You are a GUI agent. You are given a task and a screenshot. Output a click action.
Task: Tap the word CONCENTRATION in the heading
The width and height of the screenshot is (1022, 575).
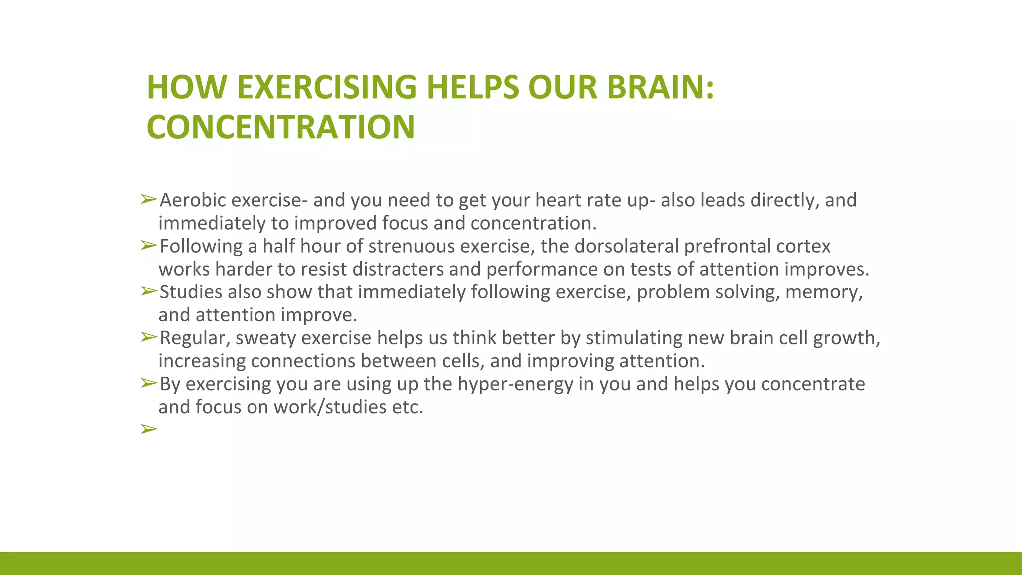(x=280, y=127)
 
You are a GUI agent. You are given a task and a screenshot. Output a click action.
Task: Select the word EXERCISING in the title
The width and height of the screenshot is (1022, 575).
(x=326, y=87)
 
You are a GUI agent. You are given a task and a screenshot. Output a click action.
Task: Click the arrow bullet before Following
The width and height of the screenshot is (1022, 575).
(x=149, y=245)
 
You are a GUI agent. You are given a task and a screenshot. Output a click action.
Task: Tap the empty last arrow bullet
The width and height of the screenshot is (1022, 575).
(x=149, y=429)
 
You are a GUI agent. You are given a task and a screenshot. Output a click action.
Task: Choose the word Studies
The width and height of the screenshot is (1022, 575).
(x=191, y=292)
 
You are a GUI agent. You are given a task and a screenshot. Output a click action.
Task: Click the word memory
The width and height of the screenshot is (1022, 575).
(x=823, y=292)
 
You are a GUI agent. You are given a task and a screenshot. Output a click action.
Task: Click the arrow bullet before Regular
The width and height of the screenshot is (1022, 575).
(x=149, y=337)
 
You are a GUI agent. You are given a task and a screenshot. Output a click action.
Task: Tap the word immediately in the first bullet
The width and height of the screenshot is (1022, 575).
(x=212, y=223)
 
